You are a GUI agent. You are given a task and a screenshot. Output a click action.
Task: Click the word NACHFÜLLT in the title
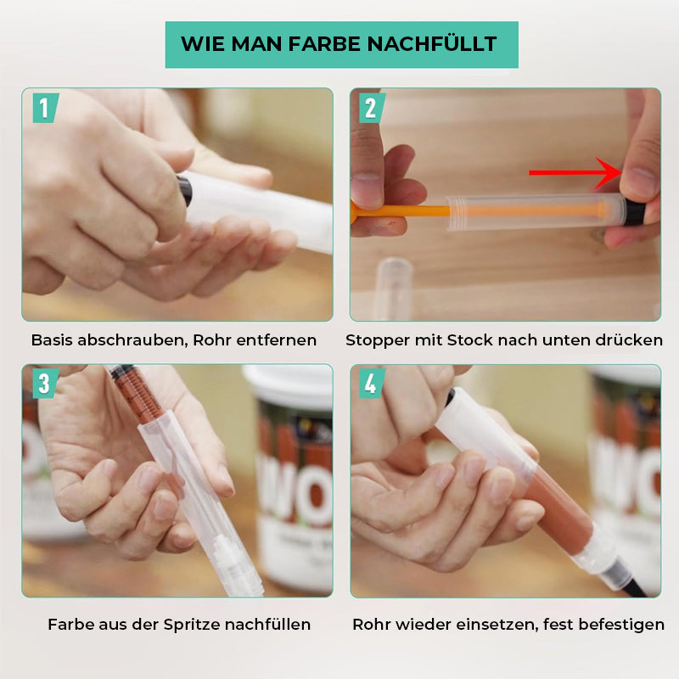pos(431,44)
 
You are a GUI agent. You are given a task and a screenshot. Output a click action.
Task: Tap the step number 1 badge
pos(44,108)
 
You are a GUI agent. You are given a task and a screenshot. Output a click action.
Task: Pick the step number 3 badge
pos(44,384)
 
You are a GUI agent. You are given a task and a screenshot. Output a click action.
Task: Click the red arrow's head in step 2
pos(609,173)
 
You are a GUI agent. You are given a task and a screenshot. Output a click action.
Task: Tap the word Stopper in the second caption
pos(375,340)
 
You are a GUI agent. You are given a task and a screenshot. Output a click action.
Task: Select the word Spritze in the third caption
pos(189,625)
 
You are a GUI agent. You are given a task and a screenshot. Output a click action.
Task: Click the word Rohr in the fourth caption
pos(371,625)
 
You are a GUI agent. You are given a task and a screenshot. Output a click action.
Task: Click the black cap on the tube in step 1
pos(184,188)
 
